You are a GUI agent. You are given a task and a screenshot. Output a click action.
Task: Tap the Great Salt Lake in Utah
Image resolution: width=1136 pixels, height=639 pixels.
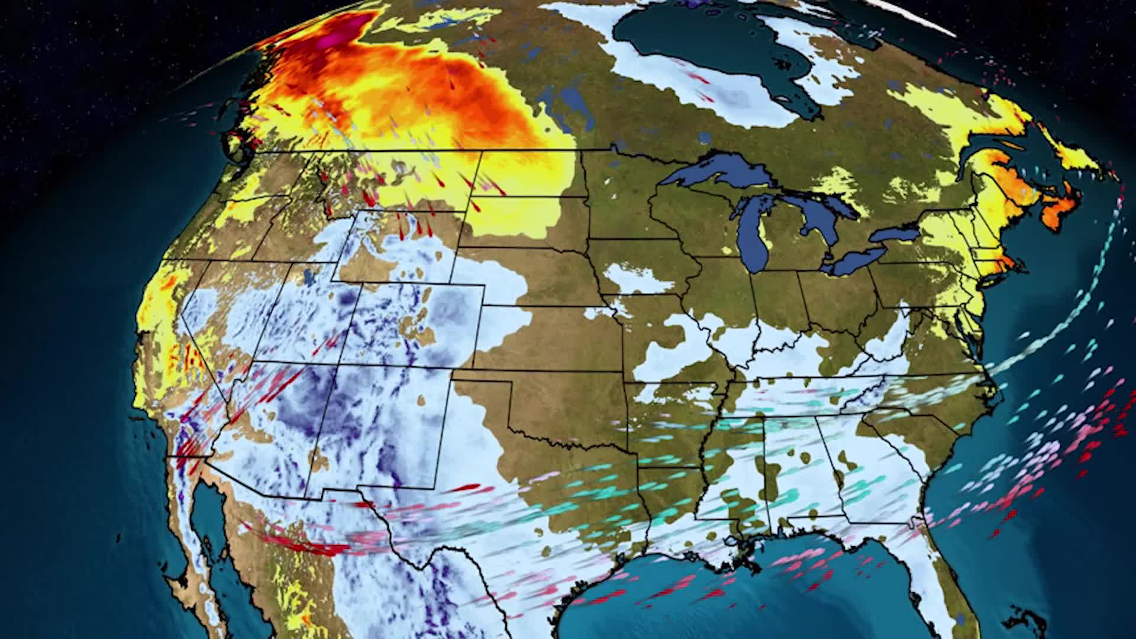click(308, 277)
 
